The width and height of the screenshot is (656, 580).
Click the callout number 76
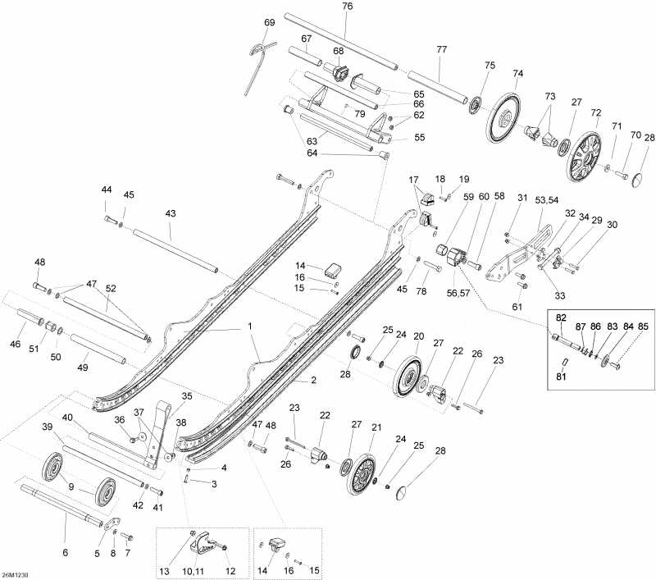pos(347,7)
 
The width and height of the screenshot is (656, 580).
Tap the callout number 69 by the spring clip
pos(270,23)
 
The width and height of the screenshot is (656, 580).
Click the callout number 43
pos(171,213)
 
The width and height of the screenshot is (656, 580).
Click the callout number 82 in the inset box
pos(561,317)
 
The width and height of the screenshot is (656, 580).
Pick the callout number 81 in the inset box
pos(560,377)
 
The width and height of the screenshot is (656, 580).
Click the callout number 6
pos(65,553)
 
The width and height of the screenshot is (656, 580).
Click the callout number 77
pos(442,50)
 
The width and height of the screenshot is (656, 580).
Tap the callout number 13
pos(164,569)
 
